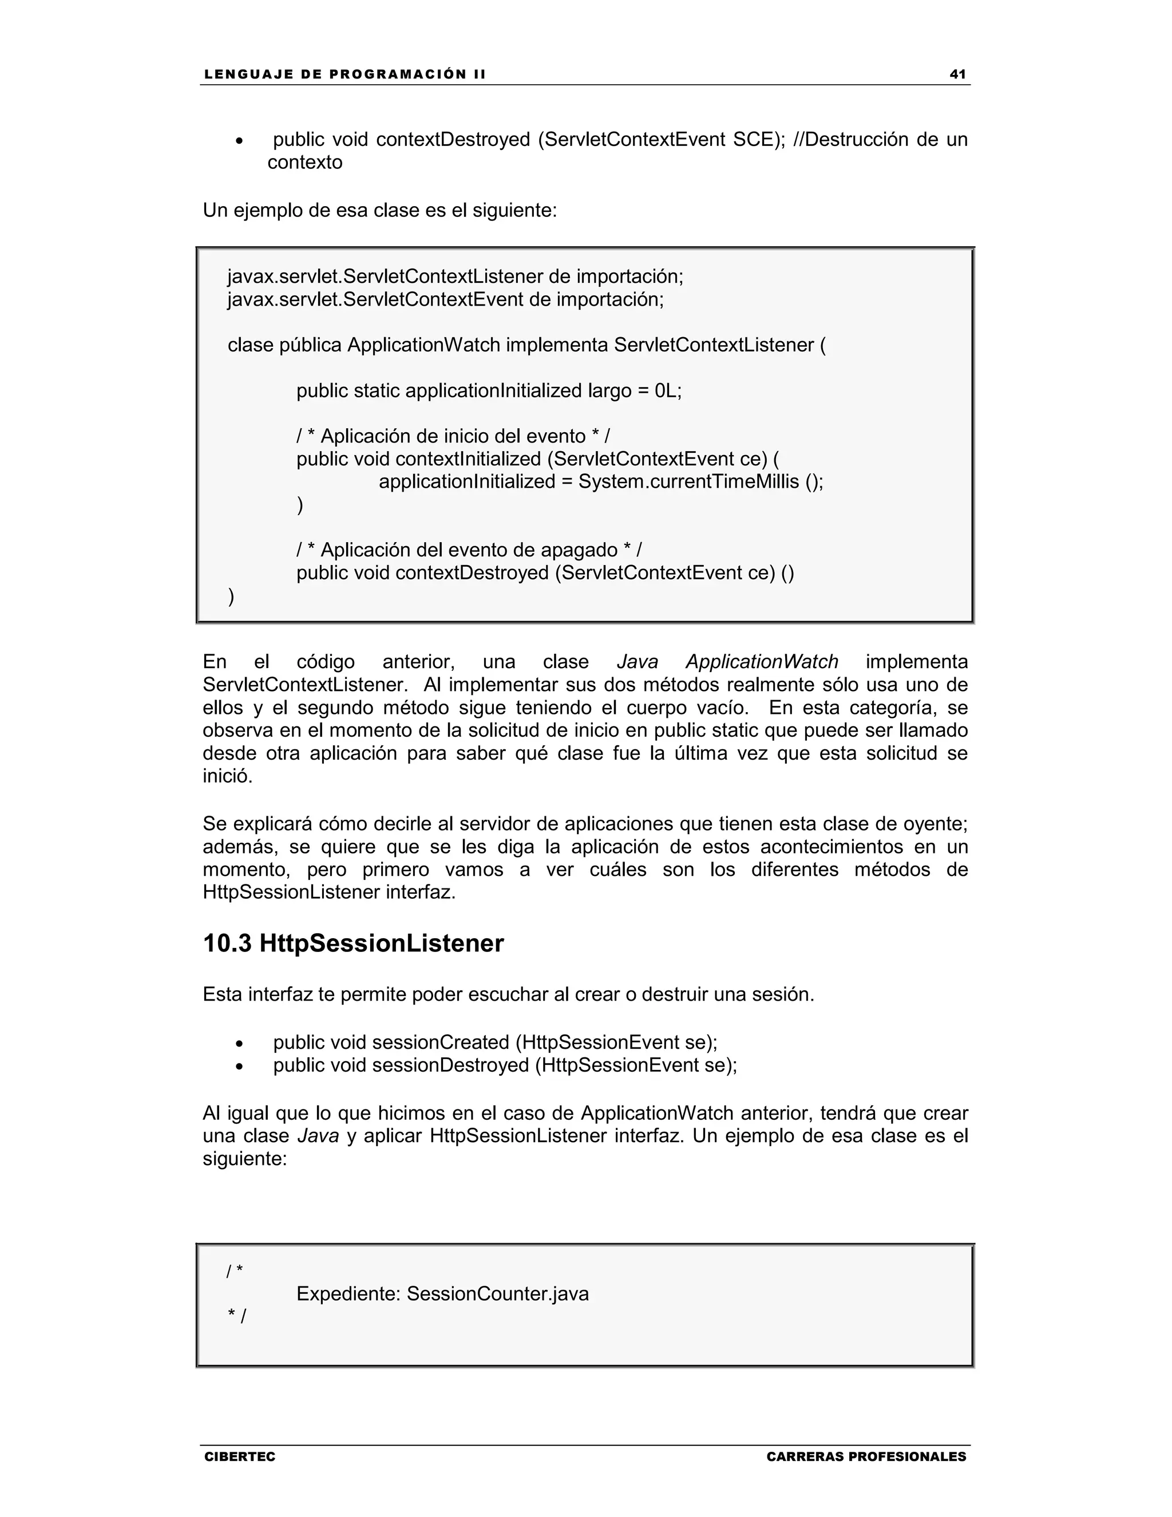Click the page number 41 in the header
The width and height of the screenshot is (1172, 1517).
pos(957,74)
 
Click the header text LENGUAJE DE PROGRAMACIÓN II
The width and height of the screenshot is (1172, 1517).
pos(345,74)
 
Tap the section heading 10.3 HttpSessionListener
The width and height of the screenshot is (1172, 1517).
pos(353,943)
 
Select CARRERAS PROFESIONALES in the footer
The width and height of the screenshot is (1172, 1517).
pos(866,1456)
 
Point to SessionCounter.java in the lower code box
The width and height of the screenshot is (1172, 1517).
pos(497,1294)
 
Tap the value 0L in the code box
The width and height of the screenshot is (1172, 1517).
pos(667,391)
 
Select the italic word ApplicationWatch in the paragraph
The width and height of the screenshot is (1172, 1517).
pos(762,662)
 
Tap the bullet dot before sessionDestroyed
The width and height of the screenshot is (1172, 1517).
pos(240,1067)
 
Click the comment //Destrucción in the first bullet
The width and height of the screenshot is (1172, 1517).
pos(850,140)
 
